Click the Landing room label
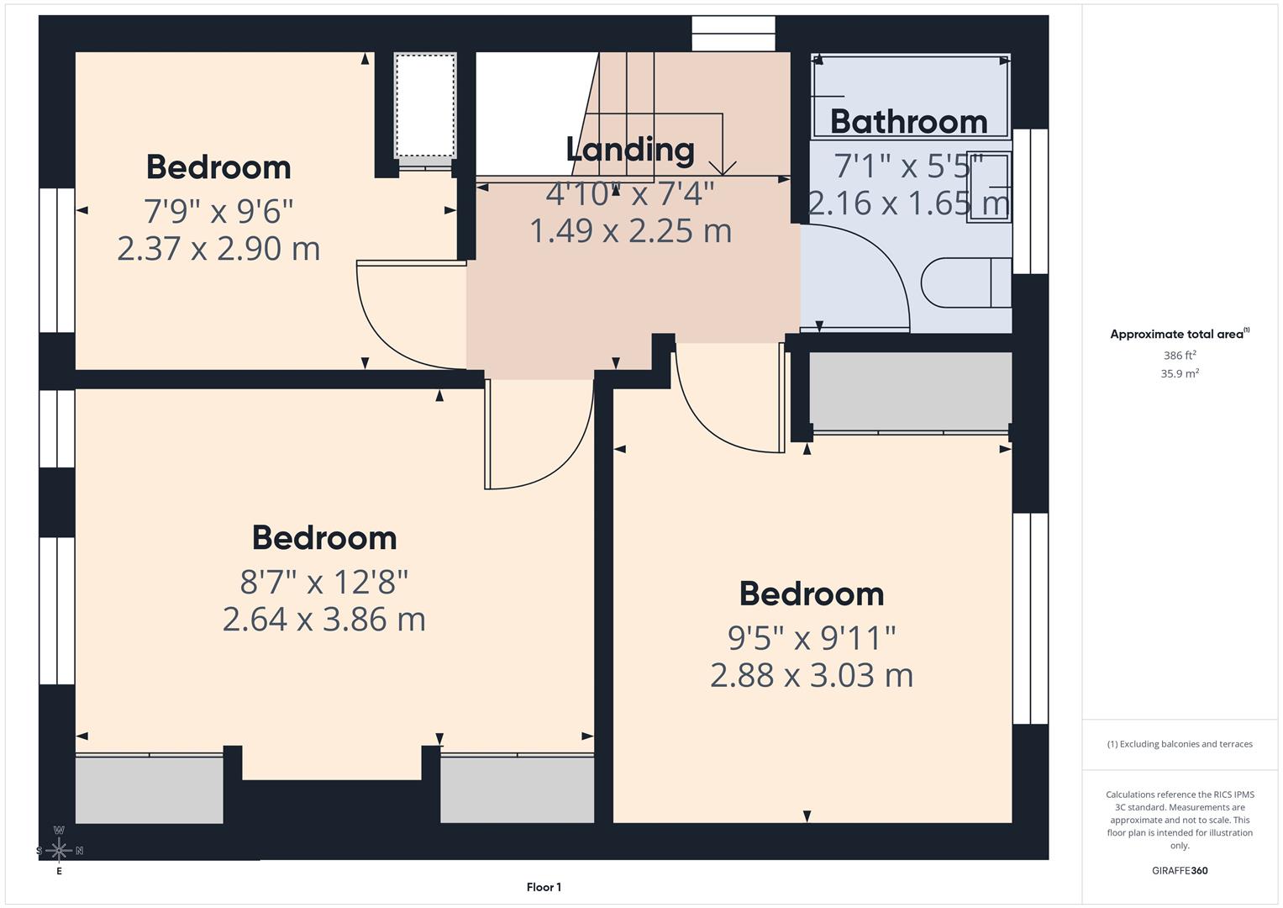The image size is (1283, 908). (630, 150)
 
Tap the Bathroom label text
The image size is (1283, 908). (908, 122)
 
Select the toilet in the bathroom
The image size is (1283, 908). (966, 282)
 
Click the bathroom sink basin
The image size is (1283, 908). (989, 187)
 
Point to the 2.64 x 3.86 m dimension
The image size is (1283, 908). (323, 620)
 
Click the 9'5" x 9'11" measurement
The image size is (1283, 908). (811, 638)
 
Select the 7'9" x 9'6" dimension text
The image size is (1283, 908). (218, 211)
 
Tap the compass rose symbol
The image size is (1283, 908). (59, 850)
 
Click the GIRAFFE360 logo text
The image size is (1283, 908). (1179, 870)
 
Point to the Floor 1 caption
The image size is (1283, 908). (544, 887)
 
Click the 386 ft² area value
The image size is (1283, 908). (1179, 356)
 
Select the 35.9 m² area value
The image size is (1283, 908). (1179, 373)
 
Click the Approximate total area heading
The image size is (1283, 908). (1179, 334)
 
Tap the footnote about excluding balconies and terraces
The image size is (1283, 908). (1179, 744)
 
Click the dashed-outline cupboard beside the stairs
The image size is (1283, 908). (425, 104)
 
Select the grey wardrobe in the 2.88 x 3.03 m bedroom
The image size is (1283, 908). (910, 391)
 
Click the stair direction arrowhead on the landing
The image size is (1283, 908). (723, 168)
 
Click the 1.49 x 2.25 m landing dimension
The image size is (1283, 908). (630, 230)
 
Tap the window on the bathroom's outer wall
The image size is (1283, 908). (1030, 202)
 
